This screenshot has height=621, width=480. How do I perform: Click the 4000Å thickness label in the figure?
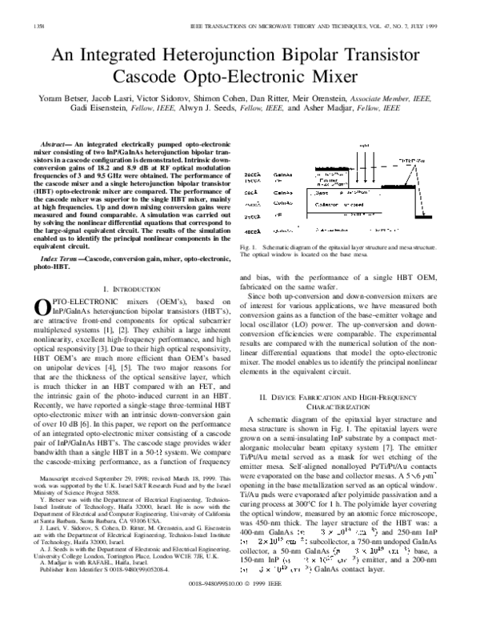[251, 230]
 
